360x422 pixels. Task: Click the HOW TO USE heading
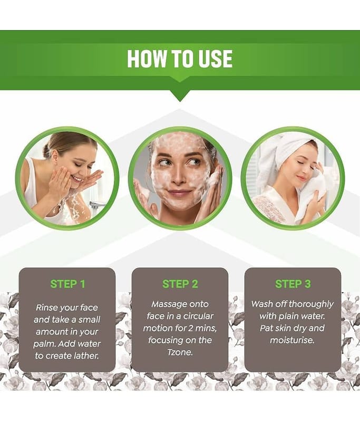point(180,59)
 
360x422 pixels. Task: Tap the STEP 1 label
point(67,284)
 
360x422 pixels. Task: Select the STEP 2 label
point(180,284)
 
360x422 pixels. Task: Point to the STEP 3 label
point(293,284)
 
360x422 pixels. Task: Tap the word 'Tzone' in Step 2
point(180,352)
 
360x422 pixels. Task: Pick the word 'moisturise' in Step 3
point(292,340)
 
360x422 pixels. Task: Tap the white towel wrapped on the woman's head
point(283,151)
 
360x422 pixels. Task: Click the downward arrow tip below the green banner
point(180,101)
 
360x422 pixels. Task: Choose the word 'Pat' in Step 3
point(266,328)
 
